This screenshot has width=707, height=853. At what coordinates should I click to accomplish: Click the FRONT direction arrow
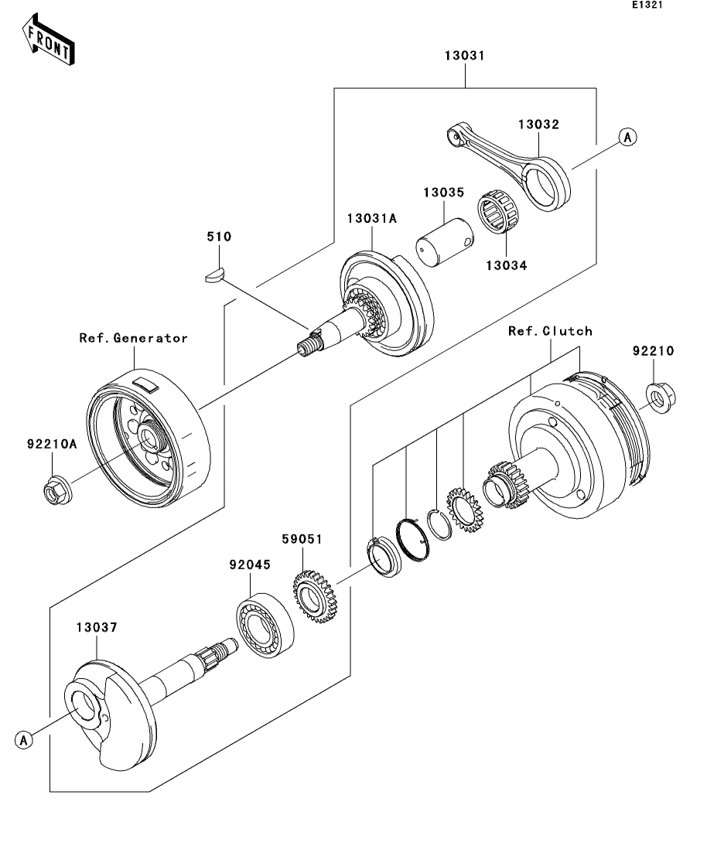49,40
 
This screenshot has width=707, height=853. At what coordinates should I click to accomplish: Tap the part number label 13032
538,124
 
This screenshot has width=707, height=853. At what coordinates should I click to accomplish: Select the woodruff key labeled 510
214,275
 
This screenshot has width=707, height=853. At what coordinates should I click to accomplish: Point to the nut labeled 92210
661,398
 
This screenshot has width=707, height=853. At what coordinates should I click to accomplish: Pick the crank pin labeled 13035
444,242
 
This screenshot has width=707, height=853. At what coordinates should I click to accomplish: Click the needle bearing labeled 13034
498,212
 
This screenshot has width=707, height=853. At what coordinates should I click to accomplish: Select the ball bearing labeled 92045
265,625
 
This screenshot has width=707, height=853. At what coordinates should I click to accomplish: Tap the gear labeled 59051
315,596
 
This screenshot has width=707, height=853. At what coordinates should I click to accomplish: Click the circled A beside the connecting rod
627,137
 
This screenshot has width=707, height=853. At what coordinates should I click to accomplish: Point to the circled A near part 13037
23,740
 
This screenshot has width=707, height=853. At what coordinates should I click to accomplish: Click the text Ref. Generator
133,338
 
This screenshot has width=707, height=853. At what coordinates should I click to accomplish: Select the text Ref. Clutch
550,331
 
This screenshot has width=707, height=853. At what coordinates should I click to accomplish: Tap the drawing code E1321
647,5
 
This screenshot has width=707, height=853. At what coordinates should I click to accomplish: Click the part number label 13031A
372,218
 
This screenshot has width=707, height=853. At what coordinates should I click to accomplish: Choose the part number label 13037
97,627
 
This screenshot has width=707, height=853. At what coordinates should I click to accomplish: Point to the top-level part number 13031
464,55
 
